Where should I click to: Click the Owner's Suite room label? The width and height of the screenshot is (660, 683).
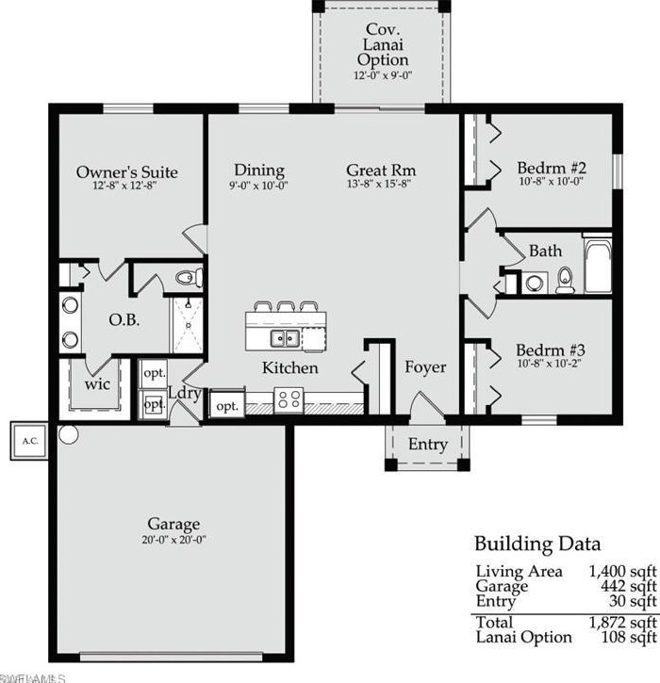[x=126, y=172]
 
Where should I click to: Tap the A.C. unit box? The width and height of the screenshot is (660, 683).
[x=25, y=440]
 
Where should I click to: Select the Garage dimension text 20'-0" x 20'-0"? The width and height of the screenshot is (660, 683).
[x=173, y=541]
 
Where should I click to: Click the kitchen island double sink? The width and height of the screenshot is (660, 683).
[x=284, y=338]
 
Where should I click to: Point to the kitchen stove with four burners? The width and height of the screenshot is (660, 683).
[x=288, y=398]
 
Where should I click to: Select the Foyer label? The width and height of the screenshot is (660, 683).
[x=425, y=367]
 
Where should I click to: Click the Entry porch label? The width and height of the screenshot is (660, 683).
[x=427, y=444]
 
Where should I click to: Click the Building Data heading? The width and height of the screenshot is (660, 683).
[x=536, y=545]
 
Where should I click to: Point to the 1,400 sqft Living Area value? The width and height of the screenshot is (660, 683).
[x=622, y=571]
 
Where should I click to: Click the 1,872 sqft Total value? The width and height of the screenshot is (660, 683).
[x=622, y=623]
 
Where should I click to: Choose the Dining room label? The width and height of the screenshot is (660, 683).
[x=259, y=171]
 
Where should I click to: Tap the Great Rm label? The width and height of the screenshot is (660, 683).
[x=381, y=171]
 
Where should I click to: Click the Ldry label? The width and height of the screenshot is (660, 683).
[x=183, y=393]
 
